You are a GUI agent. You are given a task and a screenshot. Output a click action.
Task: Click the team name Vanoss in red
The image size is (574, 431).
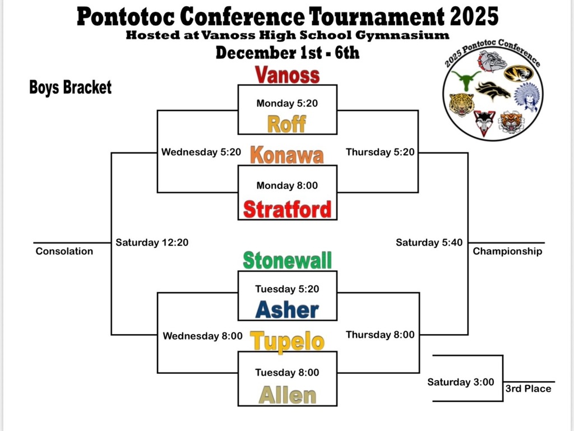287,75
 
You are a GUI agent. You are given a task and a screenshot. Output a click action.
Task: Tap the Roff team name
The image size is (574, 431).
286,124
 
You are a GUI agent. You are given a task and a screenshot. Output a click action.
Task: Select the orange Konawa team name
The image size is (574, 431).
287,155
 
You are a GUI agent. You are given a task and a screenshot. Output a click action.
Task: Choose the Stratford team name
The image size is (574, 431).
288,209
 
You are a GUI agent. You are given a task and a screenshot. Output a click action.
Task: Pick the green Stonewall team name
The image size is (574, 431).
288,260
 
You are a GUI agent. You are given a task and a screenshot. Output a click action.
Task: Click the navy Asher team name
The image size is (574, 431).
287,309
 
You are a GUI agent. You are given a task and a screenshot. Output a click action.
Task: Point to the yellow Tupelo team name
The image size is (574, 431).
288,342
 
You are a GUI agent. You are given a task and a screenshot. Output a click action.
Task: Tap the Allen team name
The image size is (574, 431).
288,395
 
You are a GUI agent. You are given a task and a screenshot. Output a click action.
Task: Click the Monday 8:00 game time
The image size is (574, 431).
287,186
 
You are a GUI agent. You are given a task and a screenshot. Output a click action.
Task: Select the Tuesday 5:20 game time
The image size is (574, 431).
287,289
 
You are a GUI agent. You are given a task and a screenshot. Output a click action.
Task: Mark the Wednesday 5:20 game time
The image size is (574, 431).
201,152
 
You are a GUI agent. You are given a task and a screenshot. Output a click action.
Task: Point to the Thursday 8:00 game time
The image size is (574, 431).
380,335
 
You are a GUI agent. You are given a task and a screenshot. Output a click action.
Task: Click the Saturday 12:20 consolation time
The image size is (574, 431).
152,243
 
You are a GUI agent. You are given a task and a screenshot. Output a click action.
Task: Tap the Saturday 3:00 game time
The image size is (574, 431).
461,382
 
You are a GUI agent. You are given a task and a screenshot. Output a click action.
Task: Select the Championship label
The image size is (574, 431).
507,251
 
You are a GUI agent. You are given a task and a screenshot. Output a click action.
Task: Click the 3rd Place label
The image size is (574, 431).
528,388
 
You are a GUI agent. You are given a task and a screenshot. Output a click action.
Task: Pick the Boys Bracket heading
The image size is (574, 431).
70,87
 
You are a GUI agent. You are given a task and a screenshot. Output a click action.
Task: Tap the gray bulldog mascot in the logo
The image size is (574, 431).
492,61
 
